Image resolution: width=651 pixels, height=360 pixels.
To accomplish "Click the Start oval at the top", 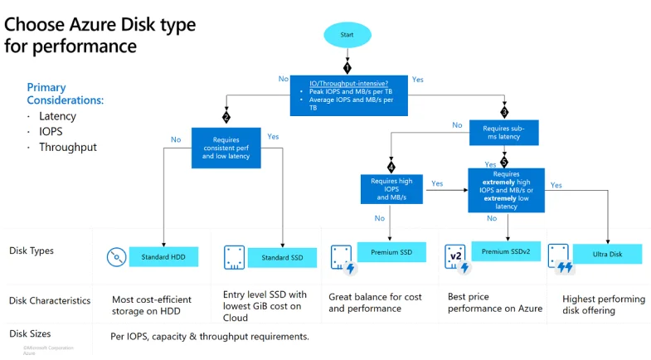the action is (347, 35).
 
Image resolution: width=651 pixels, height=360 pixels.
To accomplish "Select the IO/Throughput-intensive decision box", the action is (349, 95).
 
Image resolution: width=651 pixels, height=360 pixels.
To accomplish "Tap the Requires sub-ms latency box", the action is (504, 133).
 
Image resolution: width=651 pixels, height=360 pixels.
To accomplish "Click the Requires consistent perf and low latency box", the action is (226, 148).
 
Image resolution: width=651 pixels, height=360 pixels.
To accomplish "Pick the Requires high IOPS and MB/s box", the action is (391, 189).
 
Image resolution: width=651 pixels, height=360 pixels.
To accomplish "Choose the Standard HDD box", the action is (163, 257).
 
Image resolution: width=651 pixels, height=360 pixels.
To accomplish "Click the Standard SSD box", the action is (282, 257).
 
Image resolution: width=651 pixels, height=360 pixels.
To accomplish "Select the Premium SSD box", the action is (391, 252).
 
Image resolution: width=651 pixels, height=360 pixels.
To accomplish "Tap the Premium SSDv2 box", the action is (506, 251).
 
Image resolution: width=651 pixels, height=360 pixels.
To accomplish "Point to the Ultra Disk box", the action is (607, 254).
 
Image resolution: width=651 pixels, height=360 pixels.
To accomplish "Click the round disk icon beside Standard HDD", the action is (117, 257).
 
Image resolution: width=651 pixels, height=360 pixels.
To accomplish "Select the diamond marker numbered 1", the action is (347, 68).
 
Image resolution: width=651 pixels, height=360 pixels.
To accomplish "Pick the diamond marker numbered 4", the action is (391, 168).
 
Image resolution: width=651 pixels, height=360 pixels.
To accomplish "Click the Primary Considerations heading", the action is (66, 94).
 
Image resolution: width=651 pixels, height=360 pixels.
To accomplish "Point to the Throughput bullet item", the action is (68, 148).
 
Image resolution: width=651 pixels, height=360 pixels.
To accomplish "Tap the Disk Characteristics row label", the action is (50, 300).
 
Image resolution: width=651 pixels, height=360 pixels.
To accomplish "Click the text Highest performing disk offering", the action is (604, 304).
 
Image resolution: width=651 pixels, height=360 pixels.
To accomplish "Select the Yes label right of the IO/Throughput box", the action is (418, 80).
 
